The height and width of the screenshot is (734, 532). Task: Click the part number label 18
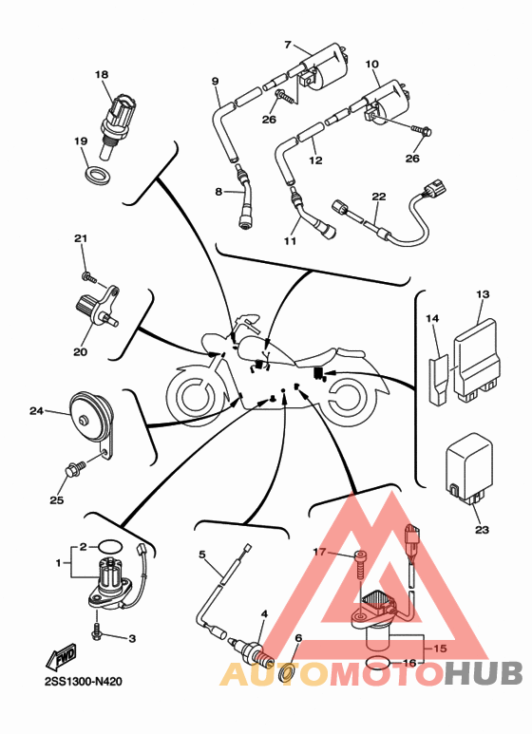(x=102, y=74)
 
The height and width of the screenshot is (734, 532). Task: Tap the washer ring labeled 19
(x=98, y=174)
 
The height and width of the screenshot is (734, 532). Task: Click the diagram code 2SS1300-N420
(x=84, y=682)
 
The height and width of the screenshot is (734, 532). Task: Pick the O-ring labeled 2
(x=110, y=546)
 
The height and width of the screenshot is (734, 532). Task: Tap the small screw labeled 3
(x=97, y=631)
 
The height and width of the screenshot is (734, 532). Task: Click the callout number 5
(x=201, y=555)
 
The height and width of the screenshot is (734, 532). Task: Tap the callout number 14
(x=432, y=318)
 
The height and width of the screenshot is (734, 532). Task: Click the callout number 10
(x=371, y=64)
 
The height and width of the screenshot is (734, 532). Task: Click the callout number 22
(x=379, y=197)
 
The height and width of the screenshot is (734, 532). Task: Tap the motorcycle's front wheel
(x=192, y=397)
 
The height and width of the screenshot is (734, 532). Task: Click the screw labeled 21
(x=89, y=278)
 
